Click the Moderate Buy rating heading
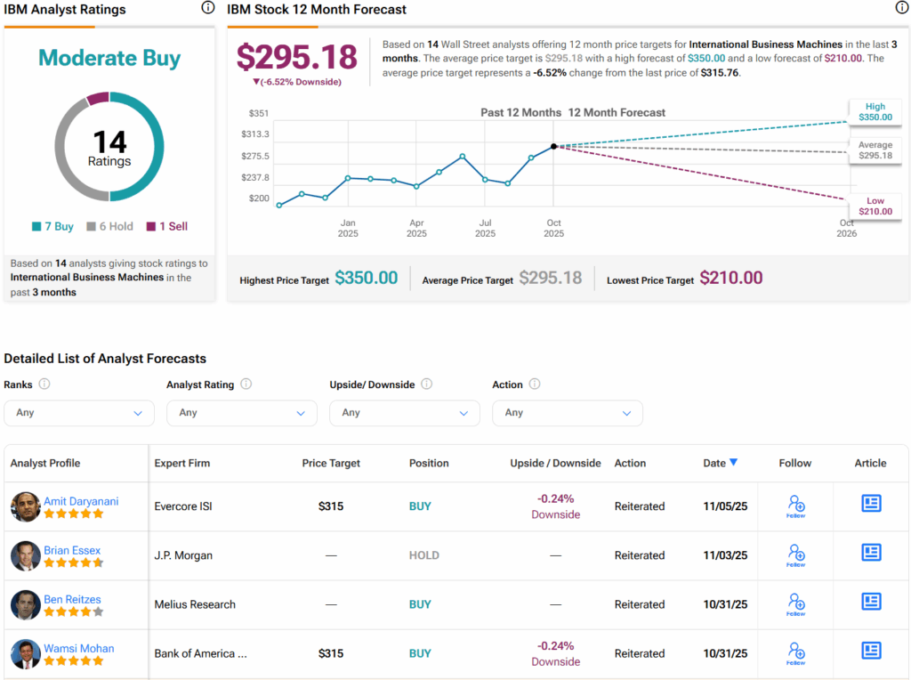[109, 59]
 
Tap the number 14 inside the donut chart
[109, 142]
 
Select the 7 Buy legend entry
[53, 227]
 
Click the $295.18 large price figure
[296, 57]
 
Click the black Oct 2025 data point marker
[553, 146]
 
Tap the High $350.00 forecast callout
[875, 111]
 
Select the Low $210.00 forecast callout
[875, 206]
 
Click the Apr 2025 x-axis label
[416, 228]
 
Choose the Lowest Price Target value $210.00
[730, 278]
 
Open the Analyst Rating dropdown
[242, 413]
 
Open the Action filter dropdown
[567, 413]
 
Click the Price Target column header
[331, 463]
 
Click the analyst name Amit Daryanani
[81, 501]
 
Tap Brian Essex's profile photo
[25, 555]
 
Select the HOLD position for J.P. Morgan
[423, 555]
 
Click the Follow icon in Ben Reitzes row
[795, 603]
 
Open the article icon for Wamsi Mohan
[871, 651]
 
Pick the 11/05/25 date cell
[725, 506]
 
